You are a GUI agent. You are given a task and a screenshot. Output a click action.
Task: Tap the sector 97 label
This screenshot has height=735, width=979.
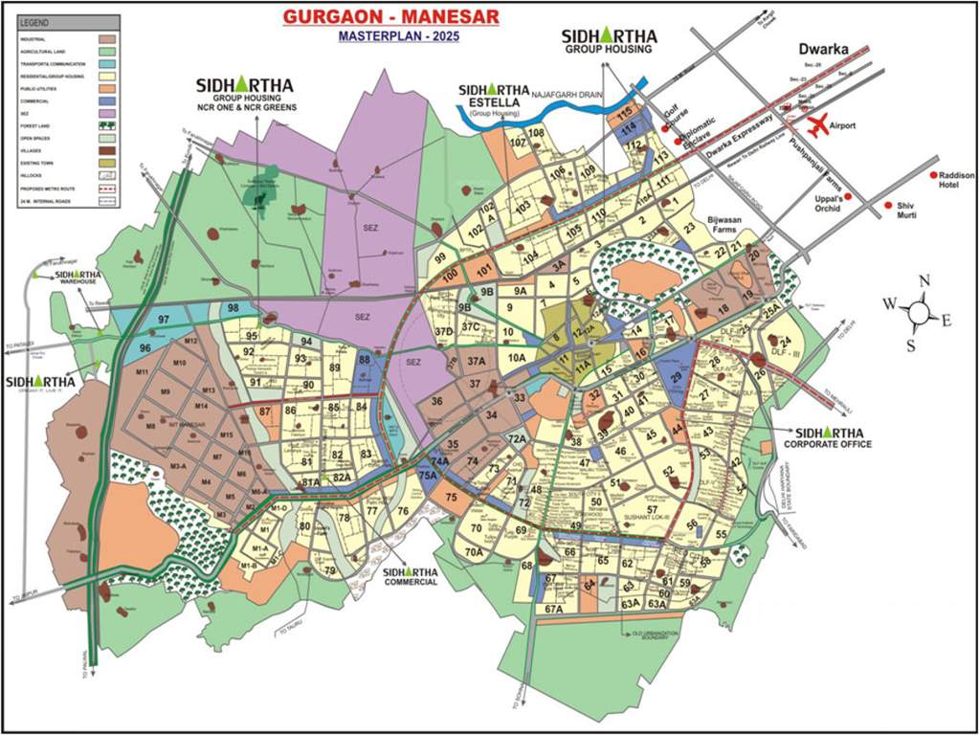165,319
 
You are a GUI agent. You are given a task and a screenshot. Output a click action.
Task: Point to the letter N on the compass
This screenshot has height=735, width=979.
924,280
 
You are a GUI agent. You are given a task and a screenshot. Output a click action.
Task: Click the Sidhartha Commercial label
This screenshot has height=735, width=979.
411,576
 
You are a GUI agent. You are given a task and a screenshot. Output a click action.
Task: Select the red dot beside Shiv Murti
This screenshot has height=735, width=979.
888,206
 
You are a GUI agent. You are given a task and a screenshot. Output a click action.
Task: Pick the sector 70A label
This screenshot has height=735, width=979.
473,551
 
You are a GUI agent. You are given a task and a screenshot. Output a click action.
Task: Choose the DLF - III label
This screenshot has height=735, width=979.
786,353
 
